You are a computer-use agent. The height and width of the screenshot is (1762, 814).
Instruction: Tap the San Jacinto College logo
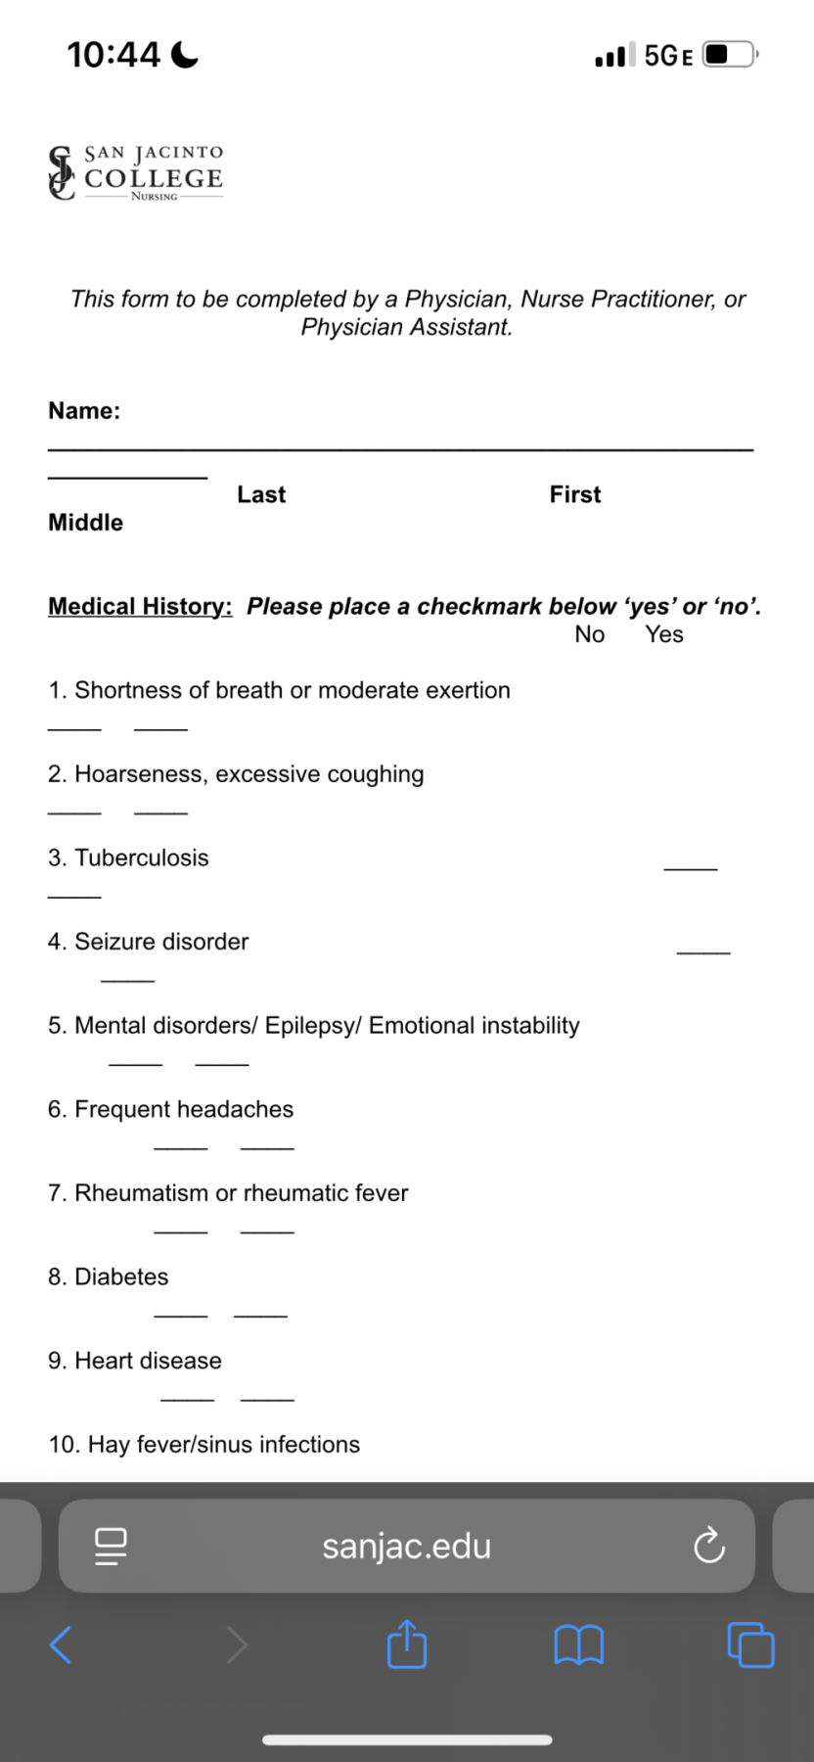click(136, 173)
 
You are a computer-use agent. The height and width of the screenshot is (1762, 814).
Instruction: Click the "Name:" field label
click(84, 411)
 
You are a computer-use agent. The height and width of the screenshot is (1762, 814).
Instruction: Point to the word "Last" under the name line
click(261, 495)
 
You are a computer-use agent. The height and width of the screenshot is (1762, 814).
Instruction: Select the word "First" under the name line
click(575, 495)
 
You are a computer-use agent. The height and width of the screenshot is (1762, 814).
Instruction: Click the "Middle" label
click(86, 523)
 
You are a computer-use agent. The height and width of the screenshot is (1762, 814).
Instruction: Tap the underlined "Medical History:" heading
click(140, 607)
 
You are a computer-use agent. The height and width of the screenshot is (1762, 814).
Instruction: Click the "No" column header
click(590, 635)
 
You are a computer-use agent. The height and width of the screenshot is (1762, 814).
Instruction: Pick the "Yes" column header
click(664, 635)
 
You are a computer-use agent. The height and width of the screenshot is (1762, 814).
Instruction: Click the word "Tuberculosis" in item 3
click(142, 858)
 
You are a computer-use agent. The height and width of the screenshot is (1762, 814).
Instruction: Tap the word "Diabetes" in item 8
click(121, 1277)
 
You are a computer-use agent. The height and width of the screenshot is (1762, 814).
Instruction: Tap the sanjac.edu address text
click(407, 1547)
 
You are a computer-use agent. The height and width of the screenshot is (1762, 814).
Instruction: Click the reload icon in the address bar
click(708, 1547)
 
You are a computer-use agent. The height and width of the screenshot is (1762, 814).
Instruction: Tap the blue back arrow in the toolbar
click(61, 1646)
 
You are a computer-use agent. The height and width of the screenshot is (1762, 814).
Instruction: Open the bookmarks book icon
click(579, 1646)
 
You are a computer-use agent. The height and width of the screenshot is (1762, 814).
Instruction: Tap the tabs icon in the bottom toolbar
click(750, 1646)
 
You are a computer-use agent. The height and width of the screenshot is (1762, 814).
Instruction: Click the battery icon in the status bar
click(729, 54)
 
